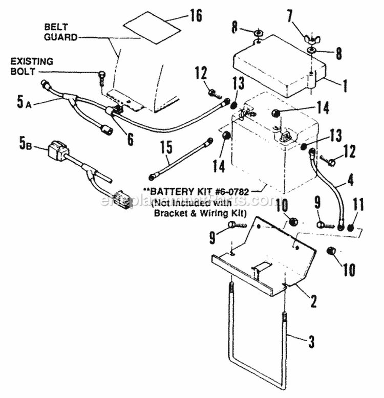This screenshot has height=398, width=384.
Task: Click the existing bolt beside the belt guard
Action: coord(101,77)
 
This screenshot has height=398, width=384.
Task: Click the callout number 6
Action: coord(131,138)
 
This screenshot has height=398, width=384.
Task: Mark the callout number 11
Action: coord(357,205)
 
